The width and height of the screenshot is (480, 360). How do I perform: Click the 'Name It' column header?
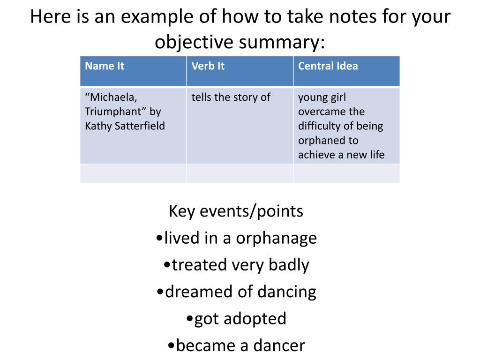pos(105,66)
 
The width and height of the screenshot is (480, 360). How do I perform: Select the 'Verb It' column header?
pos(208,66)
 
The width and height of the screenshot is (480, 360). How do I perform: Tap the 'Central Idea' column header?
pos(328,66)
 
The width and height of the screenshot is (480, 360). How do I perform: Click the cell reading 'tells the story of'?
pos(231,97)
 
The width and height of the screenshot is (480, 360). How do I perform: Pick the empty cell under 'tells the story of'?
pos(240,173)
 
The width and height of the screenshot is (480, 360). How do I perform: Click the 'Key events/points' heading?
pos(236,211)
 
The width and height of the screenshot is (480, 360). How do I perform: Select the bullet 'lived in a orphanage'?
pos(236,238)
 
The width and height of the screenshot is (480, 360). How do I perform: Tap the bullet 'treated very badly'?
pos(236,265)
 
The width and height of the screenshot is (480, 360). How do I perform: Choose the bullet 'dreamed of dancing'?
pos(236,292)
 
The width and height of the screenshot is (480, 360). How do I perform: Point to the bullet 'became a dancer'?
pos(236,345)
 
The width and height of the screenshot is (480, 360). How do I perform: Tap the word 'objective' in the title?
pos(194,42)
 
